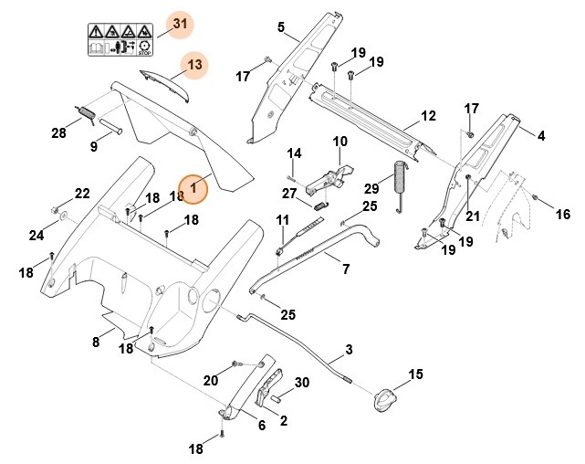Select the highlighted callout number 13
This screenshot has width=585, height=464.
tap(194, 65)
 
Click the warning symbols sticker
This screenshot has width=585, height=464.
tap(118, 40)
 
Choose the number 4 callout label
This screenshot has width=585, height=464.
tap(541, 136)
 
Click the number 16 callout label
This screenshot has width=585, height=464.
tap(562, 215)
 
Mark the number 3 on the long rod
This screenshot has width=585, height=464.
tap(349, 351)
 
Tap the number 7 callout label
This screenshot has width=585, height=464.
tap(345, 269)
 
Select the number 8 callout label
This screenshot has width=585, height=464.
tap(95, 343)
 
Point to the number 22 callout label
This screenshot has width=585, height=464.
tap(82, 194)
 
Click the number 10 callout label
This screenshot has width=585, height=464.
tap(340, 142)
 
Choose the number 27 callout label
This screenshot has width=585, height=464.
tap(289, 193)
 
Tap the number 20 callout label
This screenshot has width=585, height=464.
tap(211, 380)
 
